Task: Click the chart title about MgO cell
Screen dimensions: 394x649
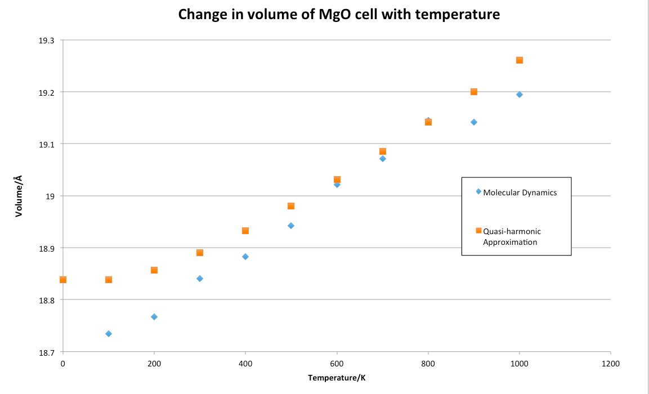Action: (x=339, y=15)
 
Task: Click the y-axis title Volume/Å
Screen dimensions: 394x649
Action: (x=19, y=196)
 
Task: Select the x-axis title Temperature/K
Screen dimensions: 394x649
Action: (x=337, y=377)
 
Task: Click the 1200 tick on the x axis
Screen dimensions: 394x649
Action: (x=610, y=364)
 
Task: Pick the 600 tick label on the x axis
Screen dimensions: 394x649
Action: (x=337, y=364)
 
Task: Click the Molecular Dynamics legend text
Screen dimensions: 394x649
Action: (x=520, y=192)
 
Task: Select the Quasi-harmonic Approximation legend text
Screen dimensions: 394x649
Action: (x=512, y=236)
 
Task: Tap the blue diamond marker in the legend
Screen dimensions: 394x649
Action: (x=478, y=191)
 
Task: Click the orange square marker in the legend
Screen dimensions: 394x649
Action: (x=478, y=230)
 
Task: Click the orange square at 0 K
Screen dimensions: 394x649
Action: (x=63, y=280)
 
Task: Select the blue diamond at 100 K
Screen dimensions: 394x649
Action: (x=109, y=334)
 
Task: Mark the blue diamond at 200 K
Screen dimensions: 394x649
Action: (x=154, y=317)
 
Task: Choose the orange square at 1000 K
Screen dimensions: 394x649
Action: (x=520, y=60)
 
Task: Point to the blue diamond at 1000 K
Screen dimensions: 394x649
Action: (x=520, y=95)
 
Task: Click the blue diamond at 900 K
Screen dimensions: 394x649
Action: (x=474, y=122)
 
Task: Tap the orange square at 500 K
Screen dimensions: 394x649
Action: (x=291, y=206)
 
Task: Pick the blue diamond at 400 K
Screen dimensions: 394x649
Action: (x=245, y=257)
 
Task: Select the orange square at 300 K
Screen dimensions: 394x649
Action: (x=200, y=253)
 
